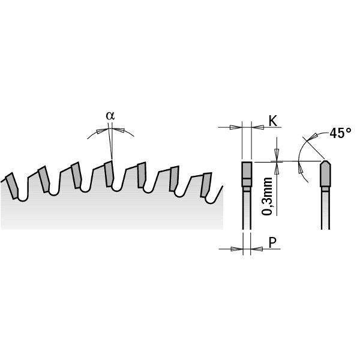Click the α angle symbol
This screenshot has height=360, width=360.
(x=109, y=115)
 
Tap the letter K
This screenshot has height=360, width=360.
(x=272, y=121)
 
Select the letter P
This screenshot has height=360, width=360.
(x=272, y=242)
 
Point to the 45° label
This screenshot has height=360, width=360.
(x=340, y=133)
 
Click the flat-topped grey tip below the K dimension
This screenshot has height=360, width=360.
(x=247, y=175)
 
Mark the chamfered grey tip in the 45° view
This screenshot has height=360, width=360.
(x=325, y=173)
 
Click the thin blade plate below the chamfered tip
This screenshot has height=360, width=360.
(x=325, y=210)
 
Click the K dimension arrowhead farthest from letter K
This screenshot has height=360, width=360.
(x=236, y=127)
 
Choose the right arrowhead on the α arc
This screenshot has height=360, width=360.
(x=119, y=130)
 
